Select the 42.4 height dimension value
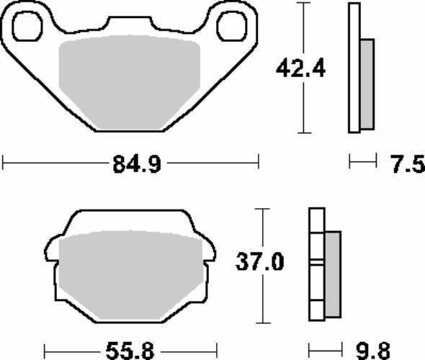coord(300,69)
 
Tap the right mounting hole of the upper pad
coord(231,26)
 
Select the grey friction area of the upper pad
coord(130,83)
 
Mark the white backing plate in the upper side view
coord(354,68)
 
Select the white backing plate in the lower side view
coord(315,263)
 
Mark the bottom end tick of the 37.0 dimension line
coord(263,322)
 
